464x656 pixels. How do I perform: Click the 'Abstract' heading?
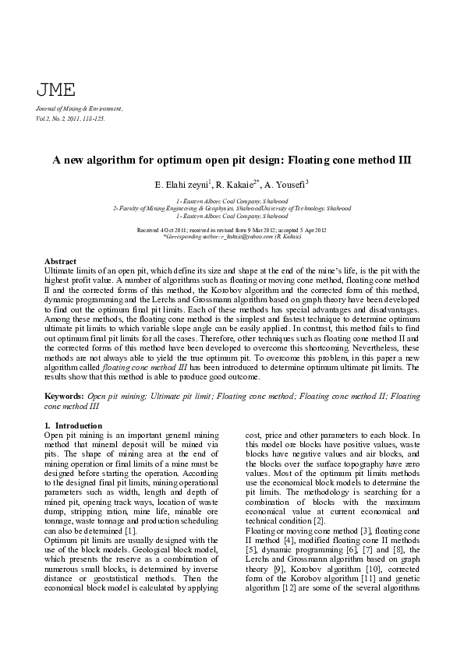tap(61, 260)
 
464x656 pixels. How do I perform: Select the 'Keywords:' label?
tap(64, 397)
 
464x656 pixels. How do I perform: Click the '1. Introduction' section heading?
tap(73, 425)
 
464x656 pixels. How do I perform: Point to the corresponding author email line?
tap(232, 237)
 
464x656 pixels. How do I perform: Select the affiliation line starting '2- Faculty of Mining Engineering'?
tap(232, 209)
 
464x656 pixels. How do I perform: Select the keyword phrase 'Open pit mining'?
tap(114, 397)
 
